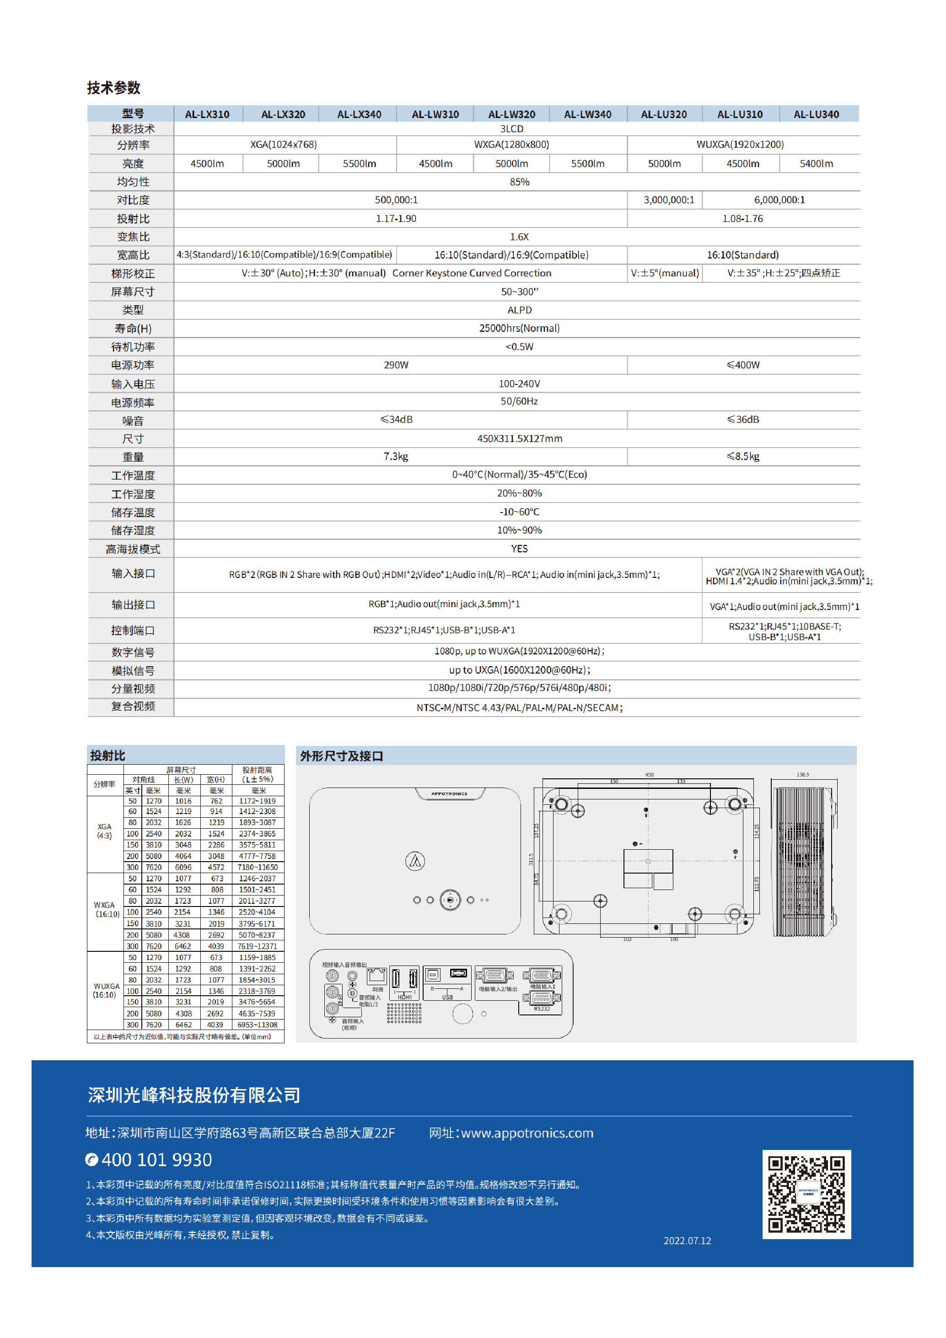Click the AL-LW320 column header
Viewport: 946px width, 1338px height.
coord(511,114)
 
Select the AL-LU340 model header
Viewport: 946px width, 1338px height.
coord(816,114)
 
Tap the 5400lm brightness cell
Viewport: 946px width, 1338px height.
coord(816,164)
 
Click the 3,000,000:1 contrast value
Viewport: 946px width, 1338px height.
coord(668,200)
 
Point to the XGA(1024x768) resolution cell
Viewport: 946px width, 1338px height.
coord(283,144)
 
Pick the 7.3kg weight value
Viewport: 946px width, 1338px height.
coord(396,456)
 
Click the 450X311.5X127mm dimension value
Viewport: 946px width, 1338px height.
coord(519,438)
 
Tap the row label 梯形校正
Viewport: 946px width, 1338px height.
coord(133,273)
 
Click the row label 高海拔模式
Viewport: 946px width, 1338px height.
coord(133,549)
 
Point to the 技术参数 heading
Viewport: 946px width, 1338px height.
coord(113,88)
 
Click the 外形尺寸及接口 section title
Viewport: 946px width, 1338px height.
coord(341,756)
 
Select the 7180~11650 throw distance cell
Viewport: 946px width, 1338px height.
coord(258,867)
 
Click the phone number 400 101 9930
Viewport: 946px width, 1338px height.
coord(156,1160)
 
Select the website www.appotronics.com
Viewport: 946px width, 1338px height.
coord(527,1133)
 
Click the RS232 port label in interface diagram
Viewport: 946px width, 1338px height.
coord(542,1009)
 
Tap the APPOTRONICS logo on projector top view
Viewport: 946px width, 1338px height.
coord(449,794)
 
